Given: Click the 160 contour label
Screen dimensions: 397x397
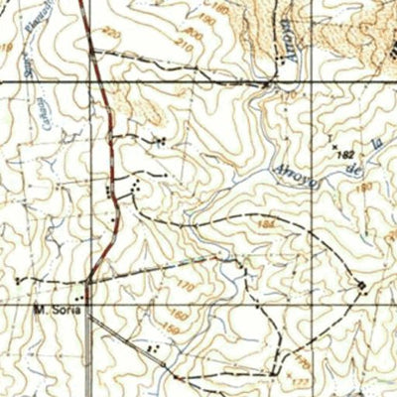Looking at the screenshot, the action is (x=175, y=315).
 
